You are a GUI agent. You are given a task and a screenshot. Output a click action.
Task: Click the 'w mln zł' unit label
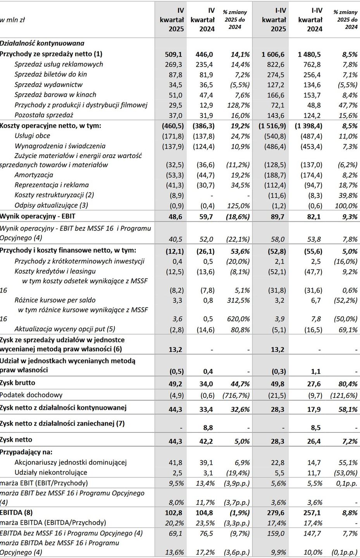(13, 20)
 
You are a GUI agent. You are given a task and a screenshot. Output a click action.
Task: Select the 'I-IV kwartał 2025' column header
(274, 20)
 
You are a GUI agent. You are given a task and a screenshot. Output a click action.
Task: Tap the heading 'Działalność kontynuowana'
(42, 43)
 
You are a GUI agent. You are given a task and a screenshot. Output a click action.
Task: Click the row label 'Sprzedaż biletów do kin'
(51, 74)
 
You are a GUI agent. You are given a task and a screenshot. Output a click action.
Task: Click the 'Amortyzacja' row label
(34, 175)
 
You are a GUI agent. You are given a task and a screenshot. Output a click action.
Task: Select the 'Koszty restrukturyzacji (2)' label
(54, 195)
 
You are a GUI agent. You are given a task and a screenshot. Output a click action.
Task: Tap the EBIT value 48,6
(175, 217)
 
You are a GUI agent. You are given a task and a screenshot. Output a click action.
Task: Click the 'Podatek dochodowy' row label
(31, 395)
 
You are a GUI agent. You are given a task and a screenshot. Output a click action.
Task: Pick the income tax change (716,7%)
(236, 396)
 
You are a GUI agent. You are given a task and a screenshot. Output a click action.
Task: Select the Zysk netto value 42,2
(206, 441)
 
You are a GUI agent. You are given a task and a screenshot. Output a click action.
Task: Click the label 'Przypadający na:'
(26, 452)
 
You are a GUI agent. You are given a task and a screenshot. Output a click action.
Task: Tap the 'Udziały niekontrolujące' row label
(51, 472)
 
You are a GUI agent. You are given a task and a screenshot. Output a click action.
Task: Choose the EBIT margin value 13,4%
(205, 483)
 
